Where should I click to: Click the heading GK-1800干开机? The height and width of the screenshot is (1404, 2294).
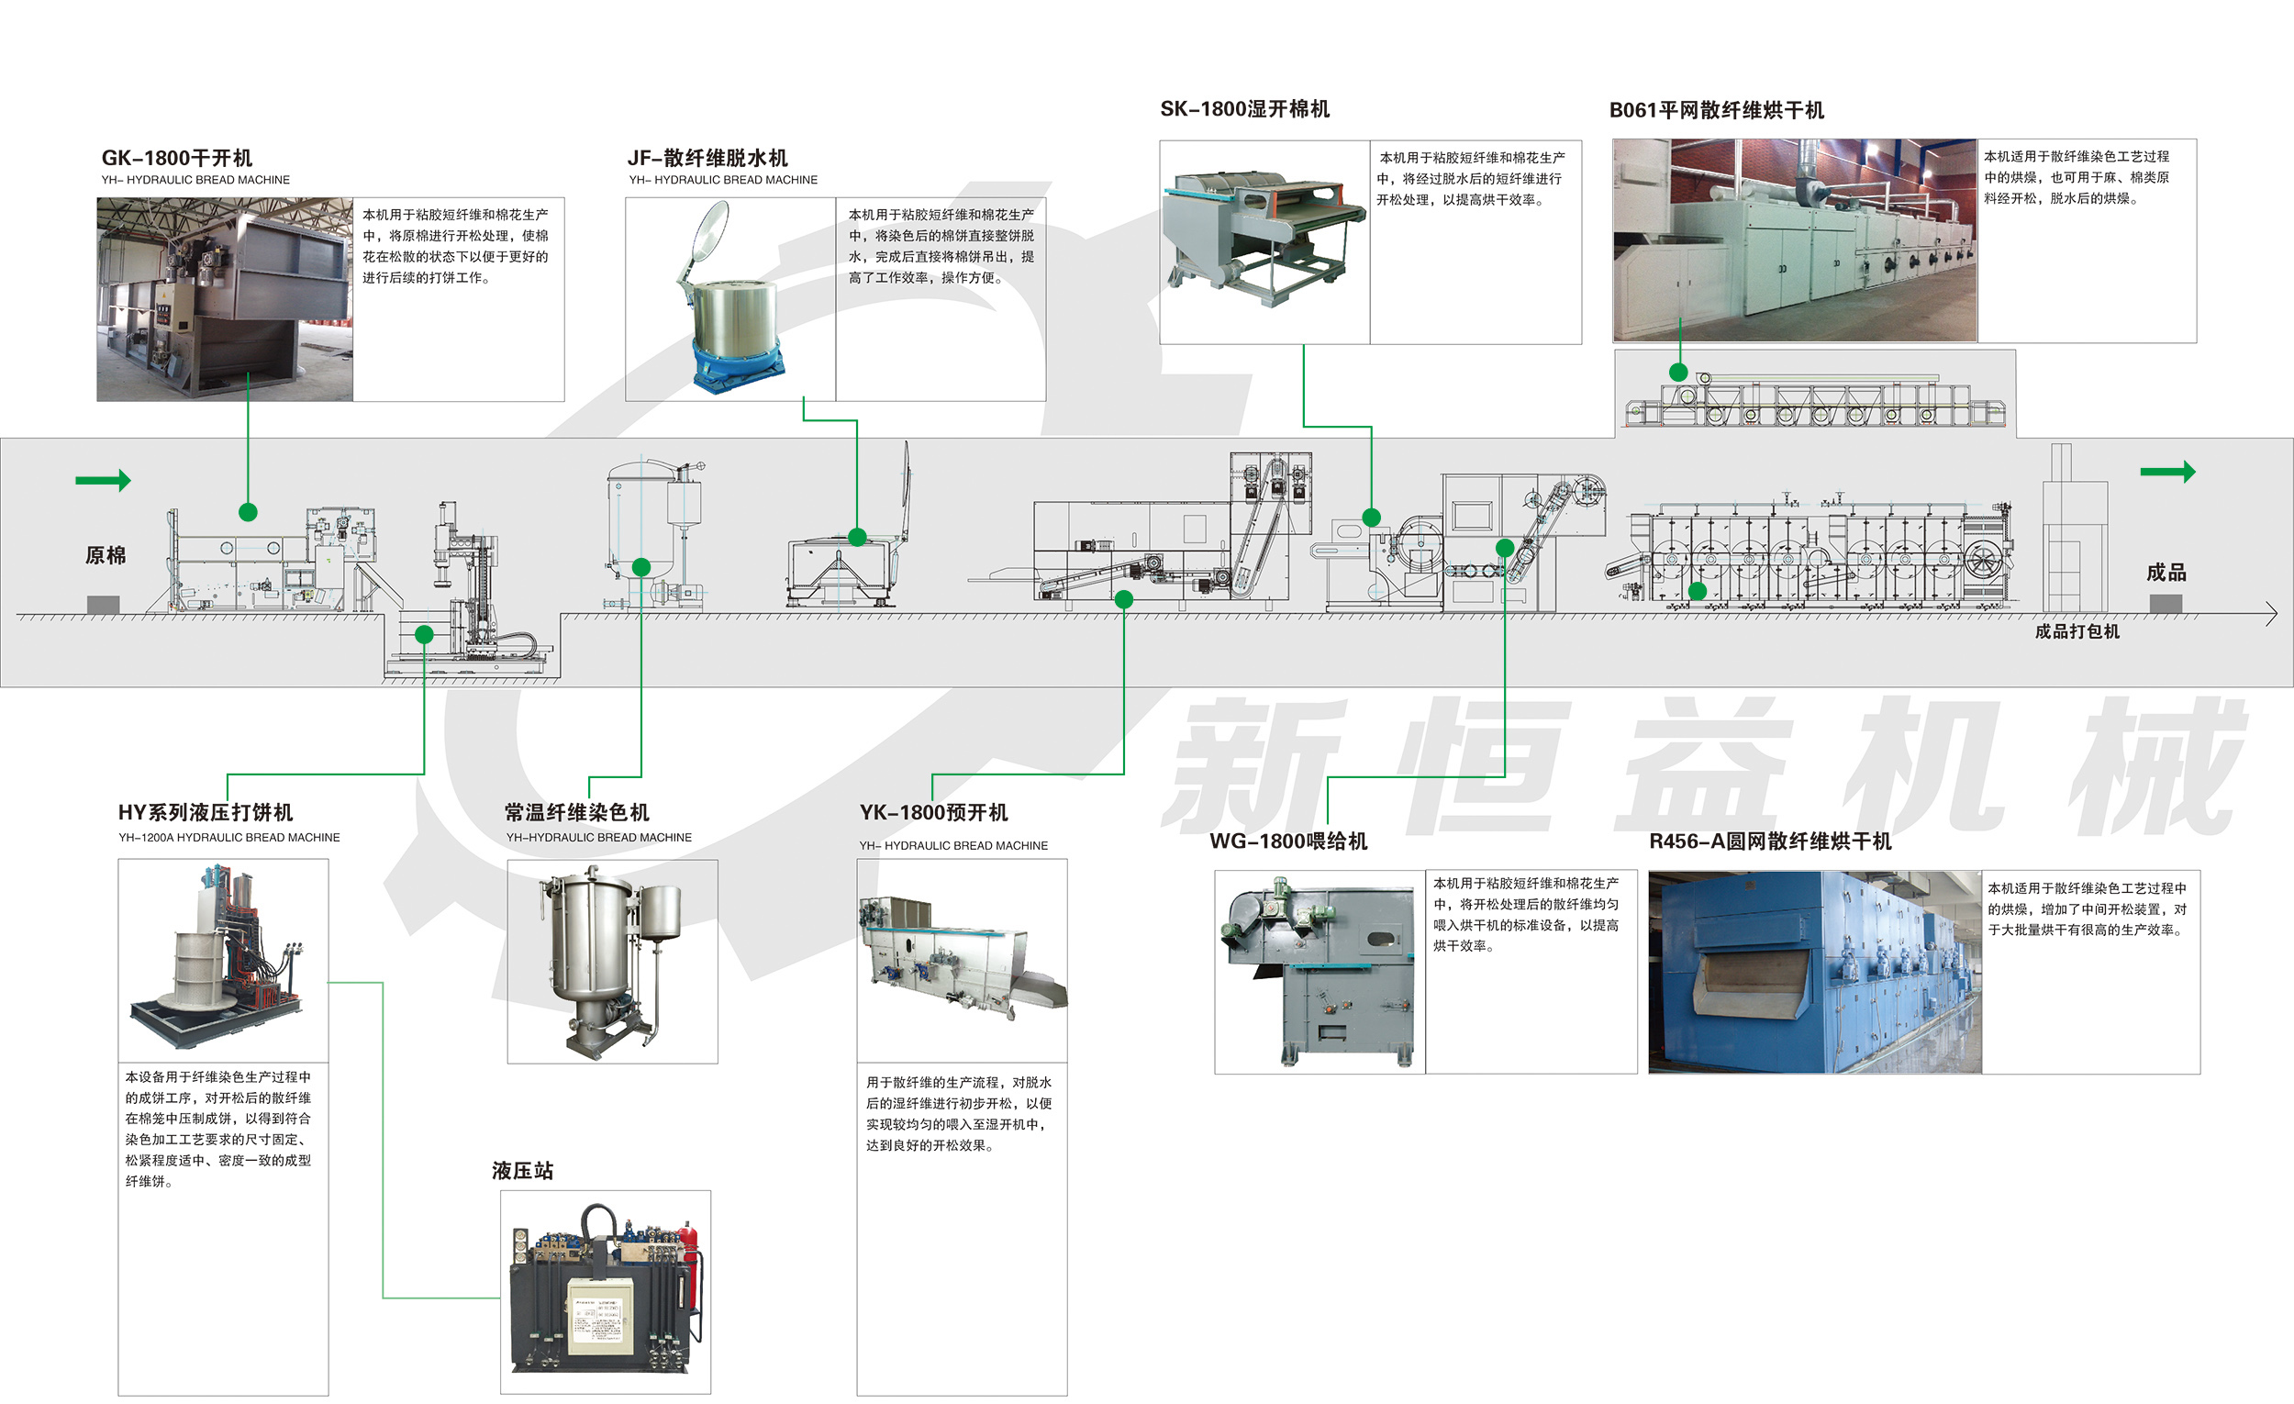177,158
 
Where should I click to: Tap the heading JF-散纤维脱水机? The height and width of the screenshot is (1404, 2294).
707,158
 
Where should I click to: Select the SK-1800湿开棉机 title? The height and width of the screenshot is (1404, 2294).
1245,109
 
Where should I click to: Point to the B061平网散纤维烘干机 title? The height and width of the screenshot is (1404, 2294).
1717,110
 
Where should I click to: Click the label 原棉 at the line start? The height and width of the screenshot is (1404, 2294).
106,556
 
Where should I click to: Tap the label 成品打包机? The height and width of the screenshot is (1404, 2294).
2077,631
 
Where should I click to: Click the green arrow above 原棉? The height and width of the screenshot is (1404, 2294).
104,481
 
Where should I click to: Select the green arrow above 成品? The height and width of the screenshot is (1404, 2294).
2167,472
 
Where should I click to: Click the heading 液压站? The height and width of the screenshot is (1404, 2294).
522,1170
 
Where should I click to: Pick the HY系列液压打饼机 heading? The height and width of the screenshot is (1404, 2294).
206,813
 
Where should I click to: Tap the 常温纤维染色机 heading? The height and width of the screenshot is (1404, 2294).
577,813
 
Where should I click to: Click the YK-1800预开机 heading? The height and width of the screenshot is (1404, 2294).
934,813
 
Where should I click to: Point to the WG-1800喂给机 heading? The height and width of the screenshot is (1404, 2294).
1288,841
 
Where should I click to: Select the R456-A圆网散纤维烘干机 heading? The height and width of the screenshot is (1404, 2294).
1771,841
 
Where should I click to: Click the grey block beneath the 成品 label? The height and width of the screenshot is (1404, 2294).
2166,603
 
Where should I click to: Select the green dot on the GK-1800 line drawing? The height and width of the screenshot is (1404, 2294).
248,512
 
